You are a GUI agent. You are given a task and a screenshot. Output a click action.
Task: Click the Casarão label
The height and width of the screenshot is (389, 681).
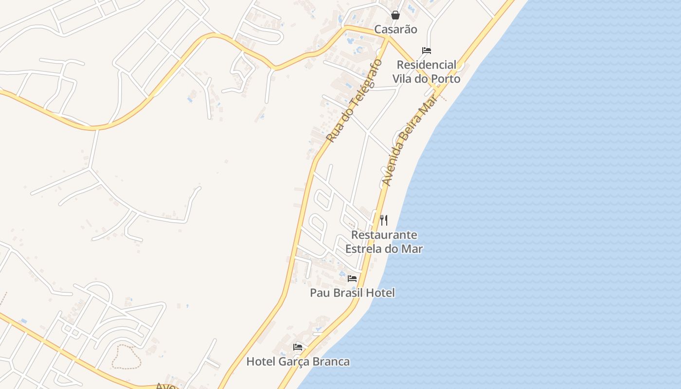[395, 29]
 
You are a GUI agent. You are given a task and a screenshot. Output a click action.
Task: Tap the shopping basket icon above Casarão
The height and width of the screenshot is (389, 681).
[395, 15]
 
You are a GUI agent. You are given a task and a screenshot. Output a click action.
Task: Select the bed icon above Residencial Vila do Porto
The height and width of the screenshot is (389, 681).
[427, 51]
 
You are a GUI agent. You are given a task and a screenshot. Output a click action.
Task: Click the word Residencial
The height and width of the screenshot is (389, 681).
[427, 65]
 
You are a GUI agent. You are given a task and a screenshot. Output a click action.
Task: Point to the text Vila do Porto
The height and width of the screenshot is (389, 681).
[427, 78]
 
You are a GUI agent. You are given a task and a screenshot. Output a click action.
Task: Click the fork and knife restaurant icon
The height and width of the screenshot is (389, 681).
[384, 220]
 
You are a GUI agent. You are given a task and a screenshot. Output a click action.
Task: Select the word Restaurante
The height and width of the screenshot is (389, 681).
[384, 235]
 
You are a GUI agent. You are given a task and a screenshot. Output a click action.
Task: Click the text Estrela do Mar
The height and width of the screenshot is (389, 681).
[384, 249]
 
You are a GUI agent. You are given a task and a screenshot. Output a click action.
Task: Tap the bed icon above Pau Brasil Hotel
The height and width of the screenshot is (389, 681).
[352, 279]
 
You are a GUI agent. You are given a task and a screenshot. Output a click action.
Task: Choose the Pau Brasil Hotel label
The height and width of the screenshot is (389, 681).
[352, 293]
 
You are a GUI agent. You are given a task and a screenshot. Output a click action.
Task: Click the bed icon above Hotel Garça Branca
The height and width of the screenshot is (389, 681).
[298, 347]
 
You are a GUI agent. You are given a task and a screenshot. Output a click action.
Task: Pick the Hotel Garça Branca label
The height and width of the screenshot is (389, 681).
[298, 362]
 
